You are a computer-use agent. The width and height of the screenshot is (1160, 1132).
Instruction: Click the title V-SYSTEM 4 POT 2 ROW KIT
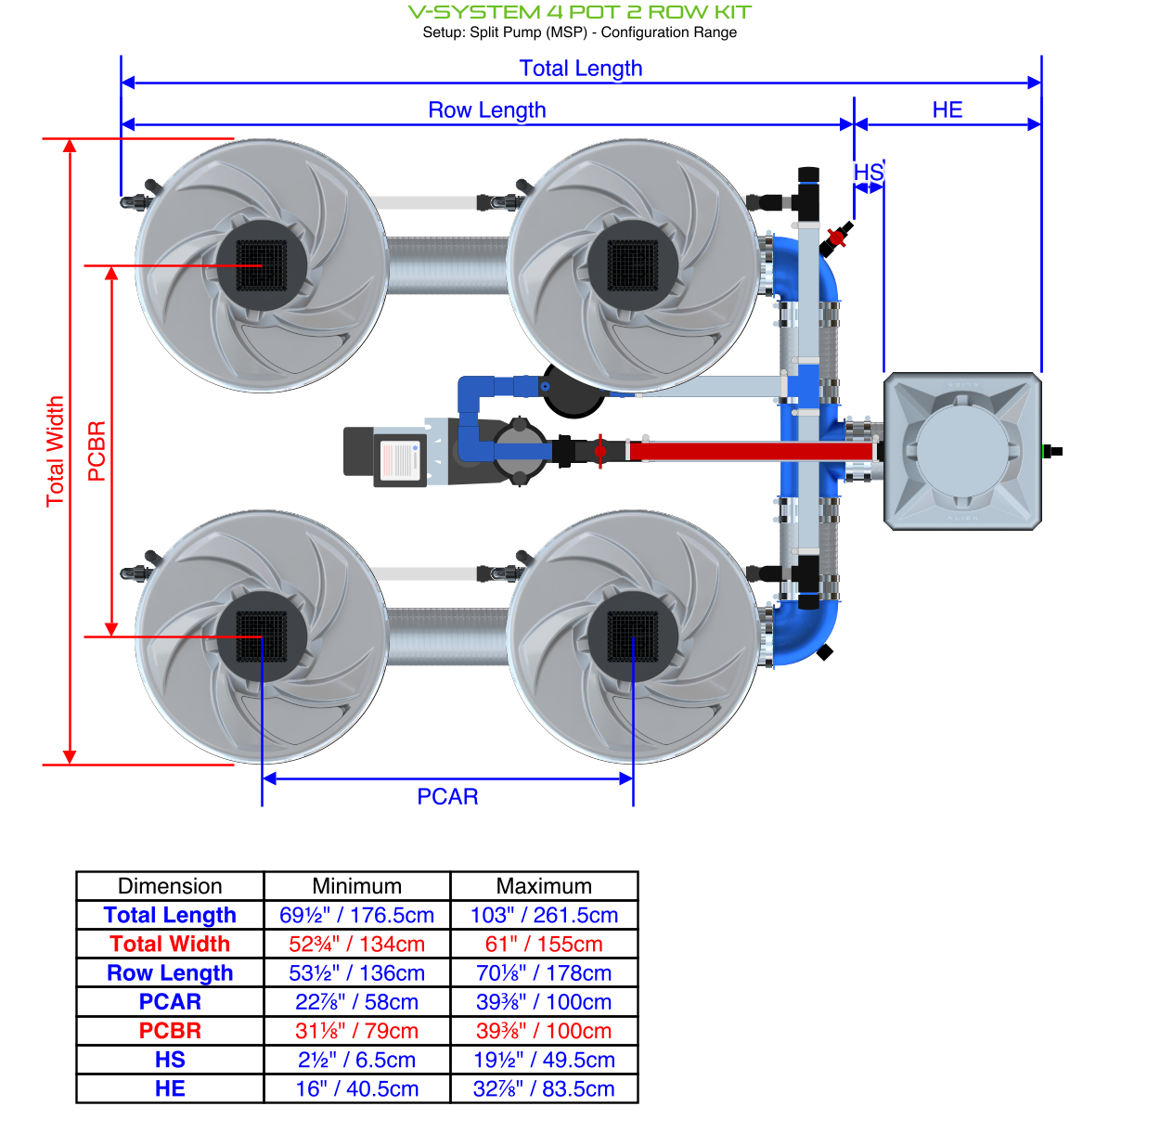click(580, 12)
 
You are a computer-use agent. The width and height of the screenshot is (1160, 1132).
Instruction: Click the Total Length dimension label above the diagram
click(581, 69)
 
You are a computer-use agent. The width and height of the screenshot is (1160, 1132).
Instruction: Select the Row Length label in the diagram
click(486, 110)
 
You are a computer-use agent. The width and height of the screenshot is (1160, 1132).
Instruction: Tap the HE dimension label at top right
click(947, 110)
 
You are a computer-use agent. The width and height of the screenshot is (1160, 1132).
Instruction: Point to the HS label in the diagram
click(868, 173)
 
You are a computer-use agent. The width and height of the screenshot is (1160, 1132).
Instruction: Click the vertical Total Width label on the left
click(56, 451)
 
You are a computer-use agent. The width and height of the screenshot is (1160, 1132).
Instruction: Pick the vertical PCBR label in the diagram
click(97, 451)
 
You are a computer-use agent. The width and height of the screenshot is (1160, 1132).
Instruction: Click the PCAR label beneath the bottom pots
click(447, 797)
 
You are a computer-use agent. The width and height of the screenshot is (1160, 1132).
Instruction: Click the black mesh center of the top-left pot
click(262, 265)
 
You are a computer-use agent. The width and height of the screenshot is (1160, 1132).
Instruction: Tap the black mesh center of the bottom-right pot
click(633, 637)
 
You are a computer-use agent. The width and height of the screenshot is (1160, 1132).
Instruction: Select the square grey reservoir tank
click(962, 451)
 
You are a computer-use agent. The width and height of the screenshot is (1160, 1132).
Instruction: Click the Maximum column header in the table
click(544, 886)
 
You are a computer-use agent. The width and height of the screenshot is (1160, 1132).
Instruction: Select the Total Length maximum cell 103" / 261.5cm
click(544, 915)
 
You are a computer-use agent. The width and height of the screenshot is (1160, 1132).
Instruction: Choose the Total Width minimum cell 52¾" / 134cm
click(356, 944)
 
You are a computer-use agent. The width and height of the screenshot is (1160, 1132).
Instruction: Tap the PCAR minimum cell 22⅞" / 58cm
click(356, 1002)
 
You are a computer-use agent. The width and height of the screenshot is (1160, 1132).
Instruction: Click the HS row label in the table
click(170, 1060)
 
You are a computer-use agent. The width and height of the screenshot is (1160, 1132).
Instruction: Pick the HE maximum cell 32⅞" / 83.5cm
click(544, 1088)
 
